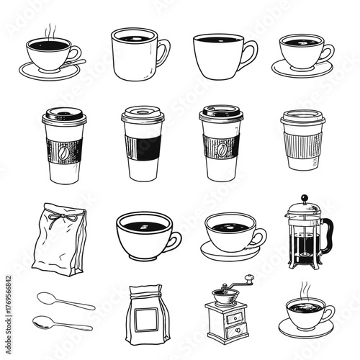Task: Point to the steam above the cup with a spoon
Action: coord(49,31)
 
